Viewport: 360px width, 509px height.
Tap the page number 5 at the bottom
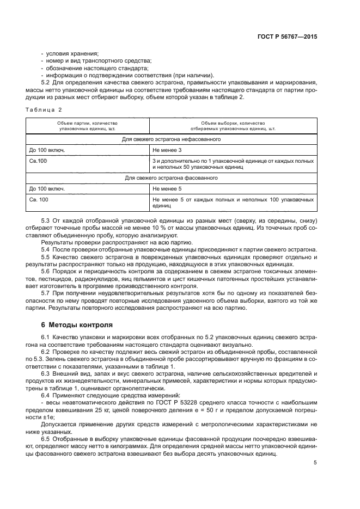coord(315,463)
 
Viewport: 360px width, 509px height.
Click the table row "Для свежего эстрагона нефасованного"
coord(171,139)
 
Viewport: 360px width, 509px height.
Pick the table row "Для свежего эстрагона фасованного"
coord(171,177)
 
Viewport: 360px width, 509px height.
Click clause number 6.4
coord(46,396)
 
